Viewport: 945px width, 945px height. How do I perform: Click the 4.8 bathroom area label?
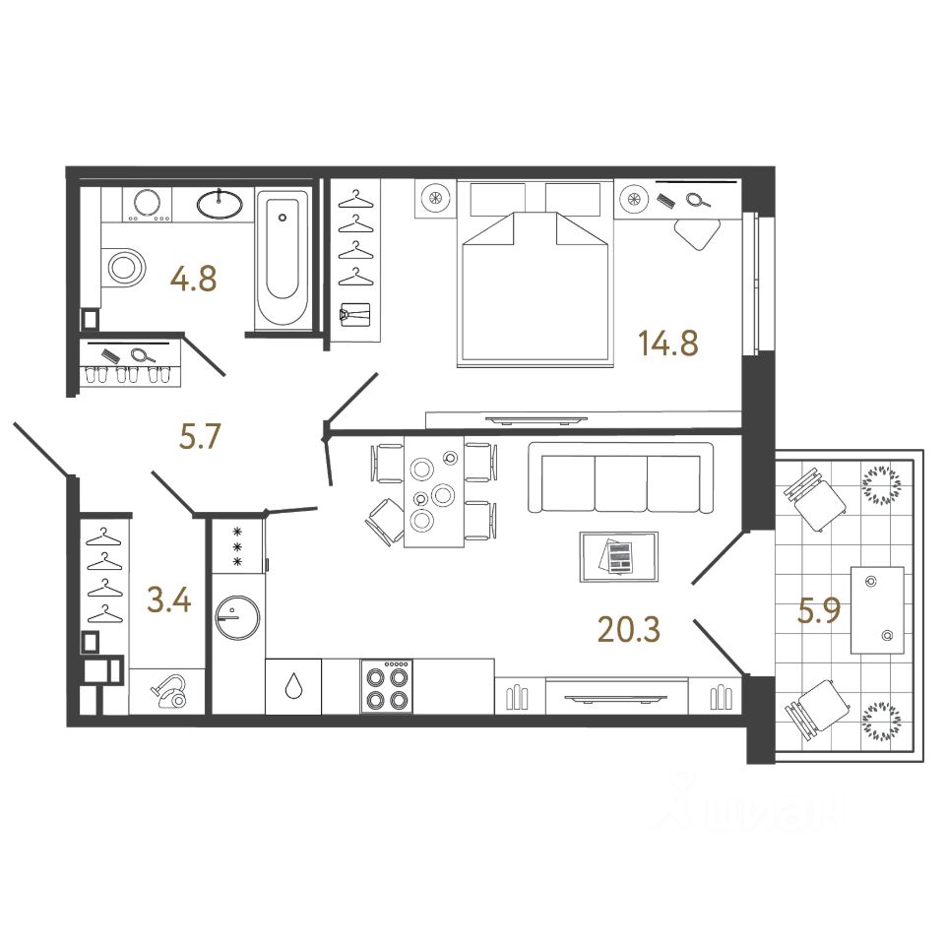[193, 279]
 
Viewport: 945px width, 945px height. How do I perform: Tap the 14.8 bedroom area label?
[668, 346]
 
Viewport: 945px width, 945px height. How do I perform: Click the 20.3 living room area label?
[629, 626]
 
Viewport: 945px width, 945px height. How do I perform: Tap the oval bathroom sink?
[220, 204]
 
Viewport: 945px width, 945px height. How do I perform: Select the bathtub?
[282, 258]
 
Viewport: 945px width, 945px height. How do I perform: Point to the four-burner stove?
[386, 687]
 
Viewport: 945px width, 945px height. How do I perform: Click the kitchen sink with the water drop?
[294, 687]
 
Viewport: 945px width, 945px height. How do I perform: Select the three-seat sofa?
[620, 478]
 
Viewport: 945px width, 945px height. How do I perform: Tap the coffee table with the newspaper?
[619, 556]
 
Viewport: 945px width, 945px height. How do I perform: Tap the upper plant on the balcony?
[880, 485]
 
